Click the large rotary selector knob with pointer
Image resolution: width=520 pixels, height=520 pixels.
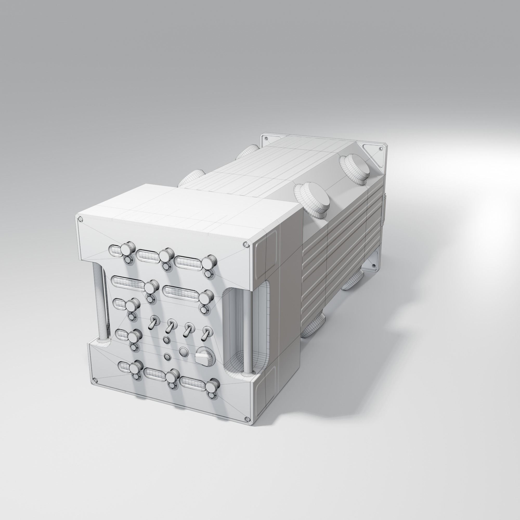click(x=204, y=357)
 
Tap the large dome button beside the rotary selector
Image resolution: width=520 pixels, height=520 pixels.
click(x=183, y=351)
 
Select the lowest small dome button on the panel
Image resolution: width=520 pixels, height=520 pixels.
click(x=167, y=357)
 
